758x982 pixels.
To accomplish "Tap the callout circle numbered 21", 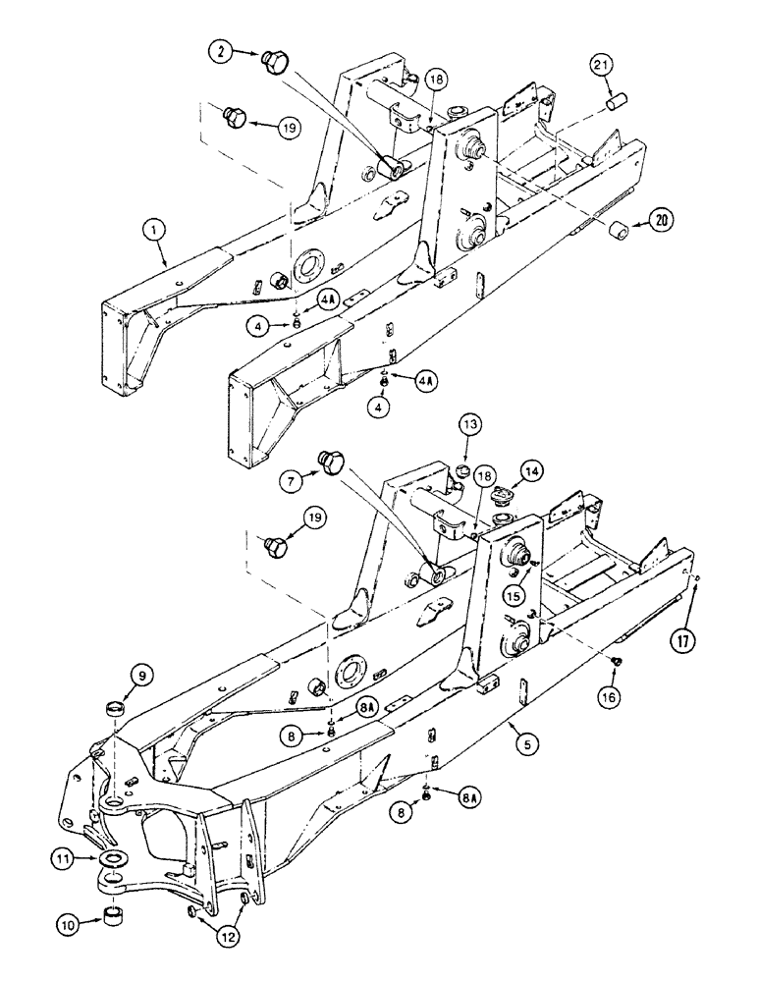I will click(x=603, y=66).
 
